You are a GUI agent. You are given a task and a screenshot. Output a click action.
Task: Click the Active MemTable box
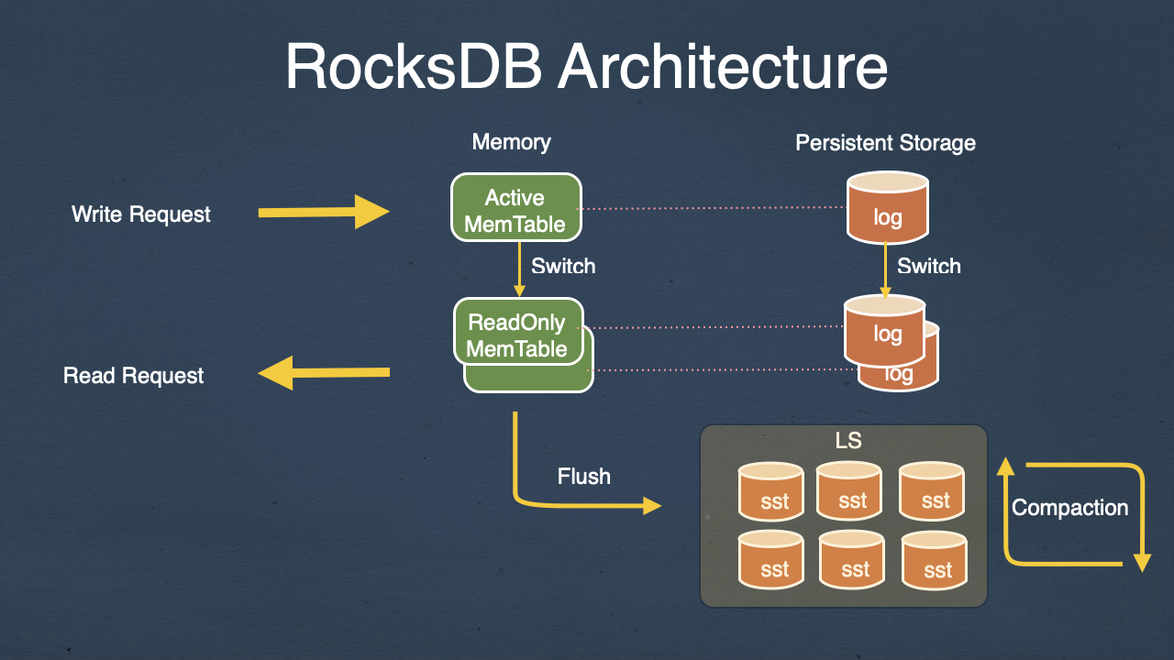coord(515,209)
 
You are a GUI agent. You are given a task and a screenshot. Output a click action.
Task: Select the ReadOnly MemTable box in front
coord(518,331)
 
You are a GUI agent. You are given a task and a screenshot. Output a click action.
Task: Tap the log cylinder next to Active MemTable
coord(887,212)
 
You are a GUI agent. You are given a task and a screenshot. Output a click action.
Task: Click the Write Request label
coord(141,214)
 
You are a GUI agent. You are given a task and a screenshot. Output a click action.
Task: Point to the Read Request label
coord(134,376)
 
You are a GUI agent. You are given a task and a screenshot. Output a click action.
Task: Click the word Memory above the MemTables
coord(511,142)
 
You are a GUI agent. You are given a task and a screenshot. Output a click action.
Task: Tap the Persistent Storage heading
coord(885,143)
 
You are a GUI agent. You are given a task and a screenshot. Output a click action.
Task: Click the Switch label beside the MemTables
coord(563,267)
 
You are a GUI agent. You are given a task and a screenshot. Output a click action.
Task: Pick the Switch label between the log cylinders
coord(928,267)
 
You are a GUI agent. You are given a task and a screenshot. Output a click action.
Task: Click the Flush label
coord(584,477)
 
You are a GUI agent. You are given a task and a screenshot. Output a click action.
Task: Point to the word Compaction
coord(1069,508)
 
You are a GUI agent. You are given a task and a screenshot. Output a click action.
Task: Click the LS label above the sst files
coord(848,441)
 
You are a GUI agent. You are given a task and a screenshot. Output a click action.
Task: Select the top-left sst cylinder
coord(770,491)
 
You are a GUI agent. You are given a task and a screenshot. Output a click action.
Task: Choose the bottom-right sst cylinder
coord(936,562)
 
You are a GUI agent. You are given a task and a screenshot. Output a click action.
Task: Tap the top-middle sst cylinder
coord(850,490)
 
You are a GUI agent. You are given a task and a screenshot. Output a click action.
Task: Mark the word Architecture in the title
coord(723,67)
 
